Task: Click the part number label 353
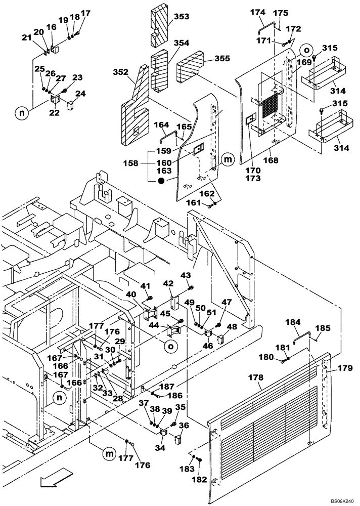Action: pos(181,17)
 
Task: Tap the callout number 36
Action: pos(184,425)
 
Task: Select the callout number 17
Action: pos(85,13)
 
